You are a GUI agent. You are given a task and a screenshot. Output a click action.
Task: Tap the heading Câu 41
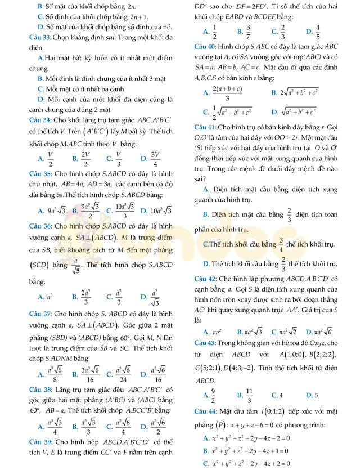[x=206, y=127]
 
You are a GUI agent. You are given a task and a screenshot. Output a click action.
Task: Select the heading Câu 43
[x=206, y=343]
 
